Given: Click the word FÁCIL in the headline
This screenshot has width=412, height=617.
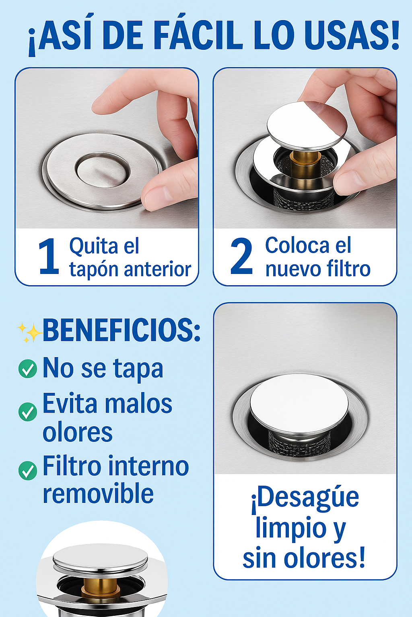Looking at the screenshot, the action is (x=198, y=35).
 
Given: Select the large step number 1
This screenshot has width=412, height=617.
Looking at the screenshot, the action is (x=49, y=256).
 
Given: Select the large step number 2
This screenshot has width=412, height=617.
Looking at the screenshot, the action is (x=241, y=256).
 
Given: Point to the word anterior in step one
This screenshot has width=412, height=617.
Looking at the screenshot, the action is (x=158, y=269).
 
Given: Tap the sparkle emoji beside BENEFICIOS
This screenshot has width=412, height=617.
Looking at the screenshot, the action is (x=29, y=333).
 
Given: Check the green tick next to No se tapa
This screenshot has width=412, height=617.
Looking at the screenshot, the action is (x=28, y=368).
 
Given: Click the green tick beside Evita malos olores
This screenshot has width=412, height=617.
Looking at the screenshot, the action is (x=28, y=411).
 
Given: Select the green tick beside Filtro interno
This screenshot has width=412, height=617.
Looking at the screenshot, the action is (x=28, y=471).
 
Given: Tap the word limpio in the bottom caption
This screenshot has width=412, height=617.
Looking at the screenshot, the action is (x=291, y=528).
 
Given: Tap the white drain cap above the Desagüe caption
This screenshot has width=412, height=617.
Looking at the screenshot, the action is (x=299, y=396).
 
